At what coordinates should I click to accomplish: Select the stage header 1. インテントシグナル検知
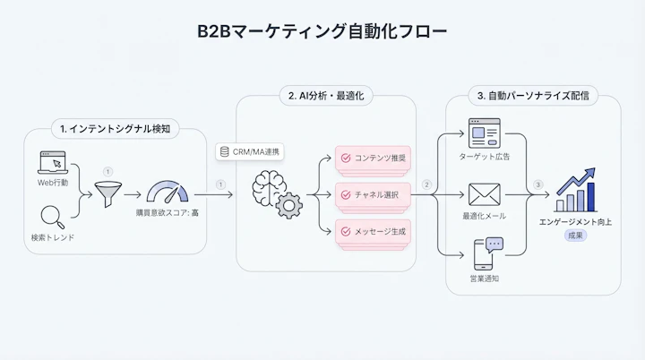coord(115,129)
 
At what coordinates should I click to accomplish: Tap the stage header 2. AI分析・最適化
coord(326,96)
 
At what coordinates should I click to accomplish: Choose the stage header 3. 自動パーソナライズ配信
coord(532,96)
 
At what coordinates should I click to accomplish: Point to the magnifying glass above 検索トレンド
coord(52,218)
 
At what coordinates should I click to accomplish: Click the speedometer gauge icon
coord(168,193)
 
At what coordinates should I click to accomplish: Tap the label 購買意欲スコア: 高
coord(168,214)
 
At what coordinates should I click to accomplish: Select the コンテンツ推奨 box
coord(372,158)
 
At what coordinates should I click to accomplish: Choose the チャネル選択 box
coord(372,193)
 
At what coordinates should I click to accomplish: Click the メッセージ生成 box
coord(372,230)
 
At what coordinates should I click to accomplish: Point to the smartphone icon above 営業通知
coord(485,253)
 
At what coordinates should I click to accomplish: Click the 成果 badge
coord(576,235)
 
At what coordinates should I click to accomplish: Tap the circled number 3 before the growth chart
coord(537,185)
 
